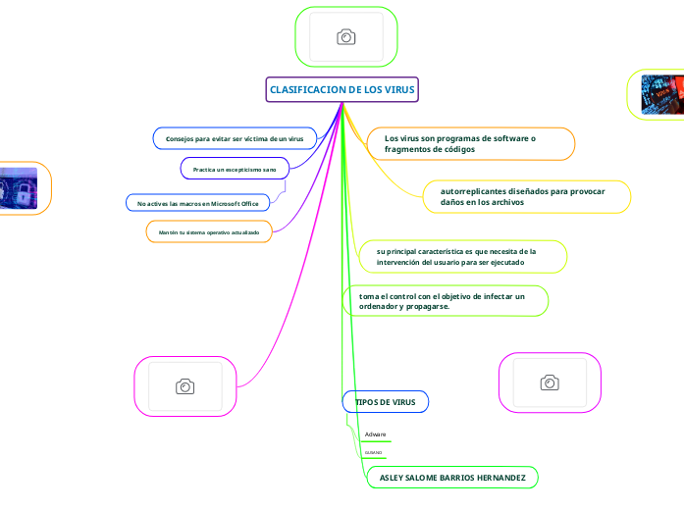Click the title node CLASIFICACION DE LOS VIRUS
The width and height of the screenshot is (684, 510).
(x=342, y=90)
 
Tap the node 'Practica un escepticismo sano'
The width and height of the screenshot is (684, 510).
(x=235, y=170)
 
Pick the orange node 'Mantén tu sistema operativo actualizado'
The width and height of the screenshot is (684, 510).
(x=209, y=232)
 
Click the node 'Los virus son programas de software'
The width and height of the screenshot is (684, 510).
(x=460, y=144)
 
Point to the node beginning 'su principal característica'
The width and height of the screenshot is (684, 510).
(x=456, y=257)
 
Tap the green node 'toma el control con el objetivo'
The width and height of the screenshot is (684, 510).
(x=442, y=301)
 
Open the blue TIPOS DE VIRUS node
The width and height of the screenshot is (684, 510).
(x=385, y=403)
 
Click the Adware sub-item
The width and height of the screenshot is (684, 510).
(x=375, y=434)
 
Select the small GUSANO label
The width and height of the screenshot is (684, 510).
(x=373, y=453)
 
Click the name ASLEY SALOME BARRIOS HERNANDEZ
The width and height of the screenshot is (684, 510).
(x=451, y=479)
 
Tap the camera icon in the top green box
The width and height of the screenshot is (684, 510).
(x=346, y=37)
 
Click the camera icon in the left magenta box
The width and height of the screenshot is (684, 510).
(x=184, y=386)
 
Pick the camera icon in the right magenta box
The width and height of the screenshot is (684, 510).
(x=550, y=382)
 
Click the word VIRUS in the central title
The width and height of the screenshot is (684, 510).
(x=401, y=90)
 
